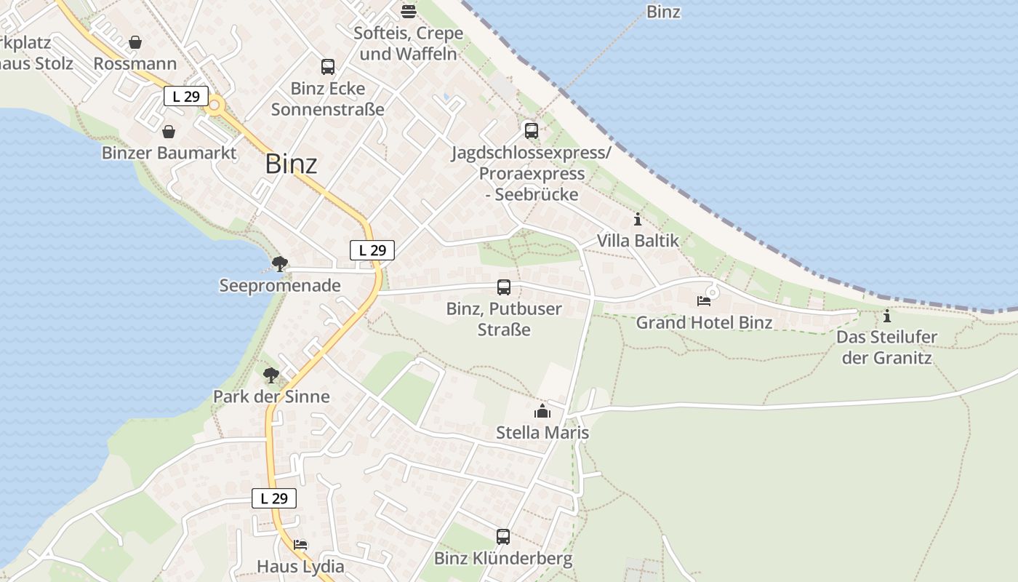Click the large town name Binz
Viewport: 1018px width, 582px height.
[x=291, y=164]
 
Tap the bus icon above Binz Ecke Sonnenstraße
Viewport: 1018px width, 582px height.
[x=328, y=67]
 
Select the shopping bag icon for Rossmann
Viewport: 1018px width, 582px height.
[x=135, y=43]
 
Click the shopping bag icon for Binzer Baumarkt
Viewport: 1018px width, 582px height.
[x=169, y=132]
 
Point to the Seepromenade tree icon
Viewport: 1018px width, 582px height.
[x=279, y=264]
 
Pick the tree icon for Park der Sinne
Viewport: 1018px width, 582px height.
[x=271, y=375]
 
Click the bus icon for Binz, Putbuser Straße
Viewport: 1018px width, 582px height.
[x=504, y=287]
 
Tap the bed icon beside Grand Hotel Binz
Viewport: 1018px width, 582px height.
[x=703, y=300]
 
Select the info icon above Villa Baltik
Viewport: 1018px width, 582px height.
[x=638, y=219]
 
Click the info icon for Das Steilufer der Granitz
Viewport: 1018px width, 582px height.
[x=886, y=316]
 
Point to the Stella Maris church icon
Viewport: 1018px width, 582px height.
[x=542, y=412]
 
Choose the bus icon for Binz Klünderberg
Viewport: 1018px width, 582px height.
[x=503, y=537]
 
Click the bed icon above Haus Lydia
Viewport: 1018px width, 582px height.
[x=300, y=544]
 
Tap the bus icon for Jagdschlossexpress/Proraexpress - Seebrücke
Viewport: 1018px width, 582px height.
[x=532, y=131]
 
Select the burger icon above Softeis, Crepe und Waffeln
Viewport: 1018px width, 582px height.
[x=409, y=11]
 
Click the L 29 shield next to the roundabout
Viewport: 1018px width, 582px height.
[x=186, y=96]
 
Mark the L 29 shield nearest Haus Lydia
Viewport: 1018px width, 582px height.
[x=274, y=498]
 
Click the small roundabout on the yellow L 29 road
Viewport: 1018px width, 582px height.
[x=215, y=107]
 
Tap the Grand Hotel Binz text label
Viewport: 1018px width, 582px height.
[x=704, y=322]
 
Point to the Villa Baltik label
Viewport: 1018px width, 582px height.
[x=638, y=241]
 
